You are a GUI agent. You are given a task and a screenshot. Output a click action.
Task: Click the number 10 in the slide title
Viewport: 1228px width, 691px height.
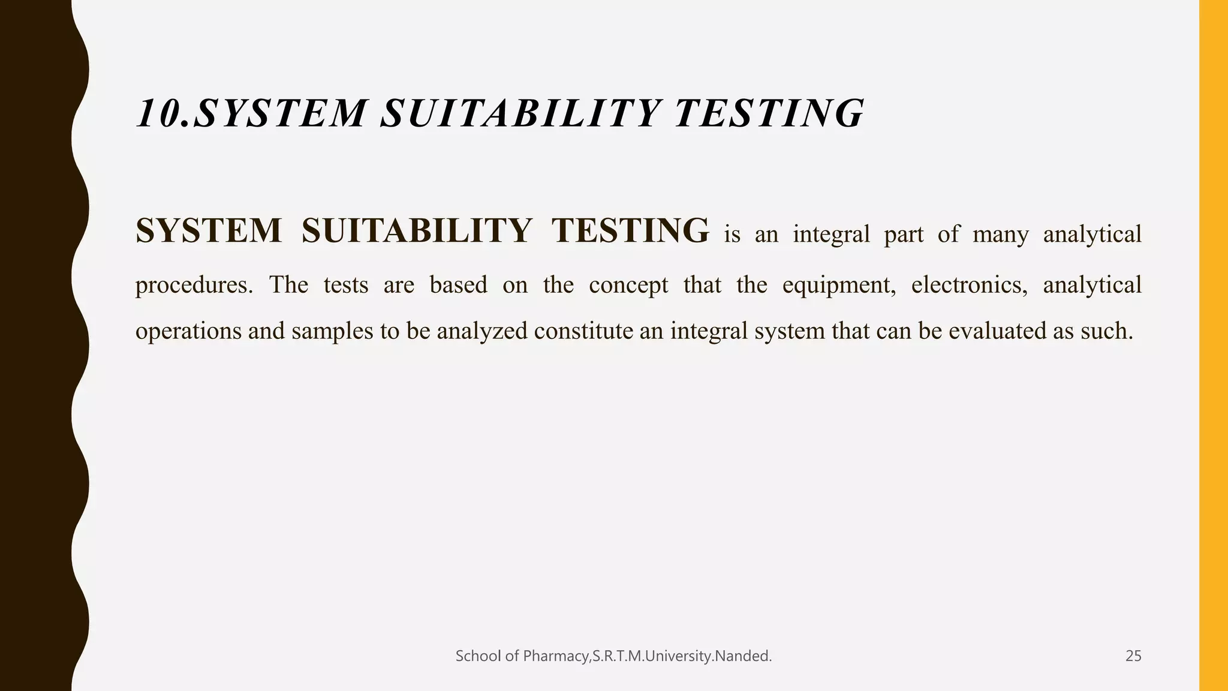[x=157, y=113]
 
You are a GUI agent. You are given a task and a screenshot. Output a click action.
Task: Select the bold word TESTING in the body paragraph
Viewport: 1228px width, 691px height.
[x=630, y=231]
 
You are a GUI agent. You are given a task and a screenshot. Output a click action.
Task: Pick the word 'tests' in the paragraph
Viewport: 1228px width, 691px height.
[x=346, y=284]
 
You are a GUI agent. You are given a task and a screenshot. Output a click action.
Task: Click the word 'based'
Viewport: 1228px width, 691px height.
[x=458, y=284]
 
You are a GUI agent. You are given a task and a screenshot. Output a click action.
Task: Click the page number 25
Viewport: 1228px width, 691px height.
[x=1133, y=656]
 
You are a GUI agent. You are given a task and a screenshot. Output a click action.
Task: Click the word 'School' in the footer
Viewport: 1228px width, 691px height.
[x=478, y=656]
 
